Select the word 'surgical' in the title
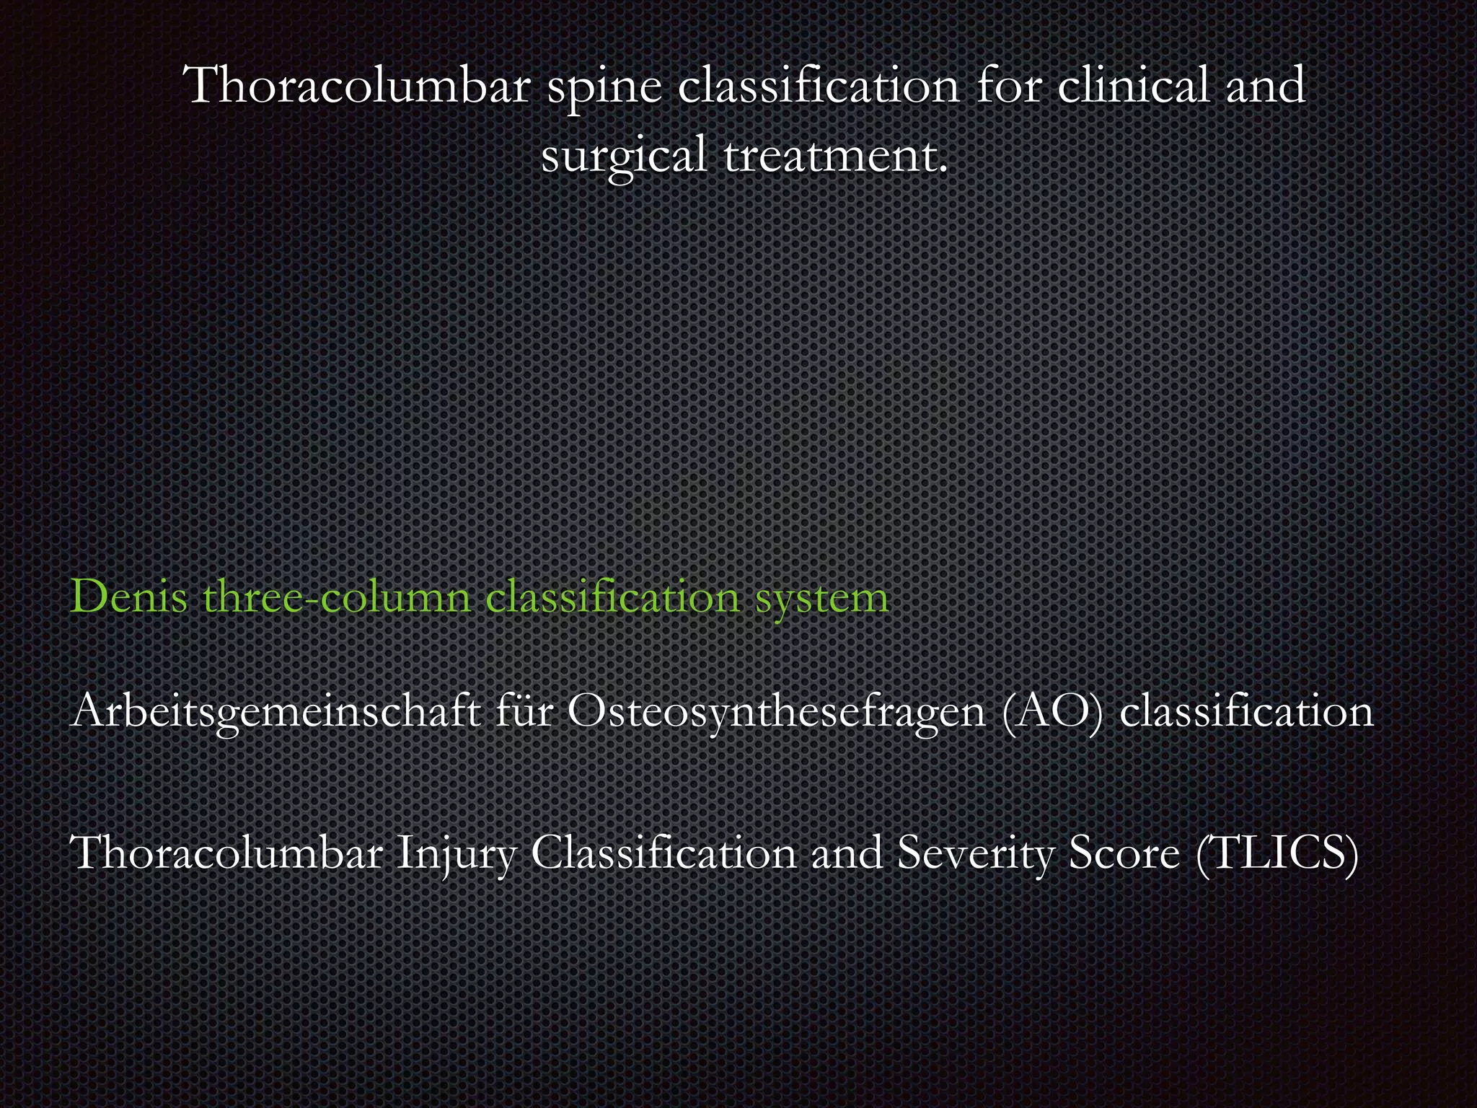[x=624, y=154]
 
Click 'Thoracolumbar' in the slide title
[x=358, y=85]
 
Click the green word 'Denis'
[x=129, y=597]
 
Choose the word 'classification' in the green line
[x=612, y=597]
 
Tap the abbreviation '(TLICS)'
[x=1277, y=853]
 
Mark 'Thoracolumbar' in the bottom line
[x=227, y=853]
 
